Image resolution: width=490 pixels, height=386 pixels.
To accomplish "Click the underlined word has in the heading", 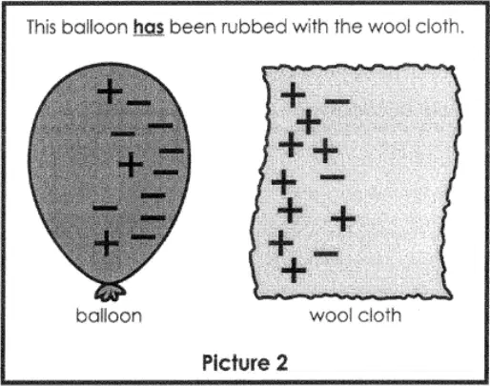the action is (x=149, y=27).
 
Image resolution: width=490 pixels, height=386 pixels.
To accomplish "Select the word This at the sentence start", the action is (x=41, y=27).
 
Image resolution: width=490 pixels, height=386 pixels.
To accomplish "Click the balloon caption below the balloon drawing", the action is (x=109, y=315).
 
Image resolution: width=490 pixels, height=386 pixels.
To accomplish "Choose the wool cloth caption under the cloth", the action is (x=356, y=315).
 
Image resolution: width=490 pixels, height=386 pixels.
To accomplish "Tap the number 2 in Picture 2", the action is (x=280, y=362).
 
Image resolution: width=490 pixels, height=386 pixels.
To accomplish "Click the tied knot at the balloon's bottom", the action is (x=110, y=292).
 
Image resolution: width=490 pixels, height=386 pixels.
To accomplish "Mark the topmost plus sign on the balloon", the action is (x=110, y=91).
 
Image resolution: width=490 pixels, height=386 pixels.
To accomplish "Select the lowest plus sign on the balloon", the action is (x=107, y=243).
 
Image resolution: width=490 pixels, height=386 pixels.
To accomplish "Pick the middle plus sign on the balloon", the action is (x=131, y=164).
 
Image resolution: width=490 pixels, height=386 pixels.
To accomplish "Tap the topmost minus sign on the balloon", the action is (x=138, y=103).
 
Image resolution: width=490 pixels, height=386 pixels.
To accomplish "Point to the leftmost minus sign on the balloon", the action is (x=105, y=208).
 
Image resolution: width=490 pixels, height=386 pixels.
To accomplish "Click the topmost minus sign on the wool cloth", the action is (x=337, y=101).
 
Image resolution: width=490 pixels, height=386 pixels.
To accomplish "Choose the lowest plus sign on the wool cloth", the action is (x=294, y=271).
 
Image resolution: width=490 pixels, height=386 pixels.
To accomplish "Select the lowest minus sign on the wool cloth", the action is (x=326, y=254).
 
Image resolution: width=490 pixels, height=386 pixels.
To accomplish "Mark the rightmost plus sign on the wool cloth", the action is (x=343, y=218).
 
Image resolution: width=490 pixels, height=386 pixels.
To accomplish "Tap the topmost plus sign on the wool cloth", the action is (x=293, y=94).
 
